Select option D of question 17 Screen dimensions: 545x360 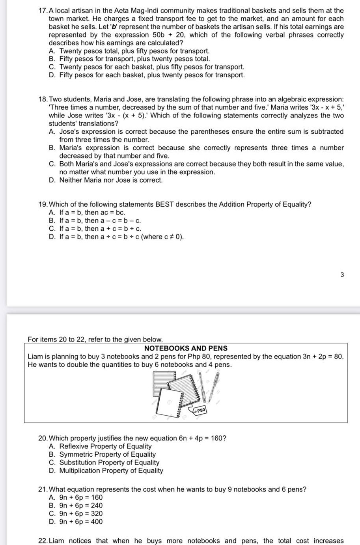point(152,75)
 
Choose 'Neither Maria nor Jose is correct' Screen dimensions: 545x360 point(111,180)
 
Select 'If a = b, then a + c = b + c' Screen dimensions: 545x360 point(100,229)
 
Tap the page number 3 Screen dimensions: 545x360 point(342,274)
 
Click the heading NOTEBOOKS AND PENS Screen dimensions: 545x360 point(186,348)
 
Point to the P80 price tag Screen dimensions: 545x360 point(200,411)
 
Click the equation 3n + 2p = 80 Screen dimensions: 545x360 point(323,356)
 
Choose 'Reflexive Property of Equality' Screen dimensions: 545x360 point(105,446)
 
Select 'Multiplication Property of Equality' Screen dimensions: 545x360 point(111,470)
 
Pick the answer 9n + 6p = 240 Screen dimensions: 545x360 point(81,506)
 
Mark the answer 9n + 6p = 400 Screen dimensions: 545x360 point(81,522)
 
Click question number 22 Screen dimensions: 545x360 point(43,541)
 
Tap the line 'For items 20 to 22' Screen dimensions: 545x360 point(95,339)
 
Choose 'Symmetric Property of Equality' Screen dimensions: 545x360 point(107,454)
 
